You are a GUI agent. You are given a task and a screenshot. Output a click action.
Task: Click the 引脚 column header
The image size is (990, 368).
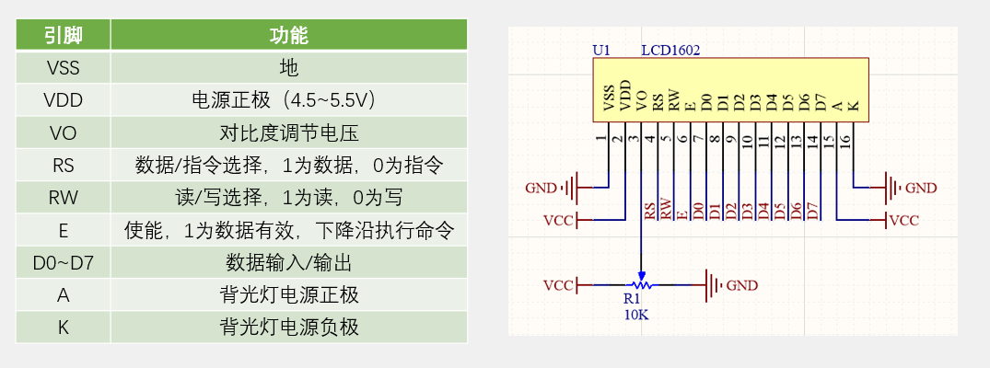pyautogui.click(x=63, y=36)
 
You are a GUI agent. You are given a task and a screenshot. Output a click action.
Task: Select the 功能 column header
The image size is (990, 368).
pyautogui.click(x=288, y=36)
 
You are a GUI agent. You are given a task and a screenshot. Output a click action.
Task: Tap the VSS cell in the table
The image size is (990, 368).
pyautogui.click(x=63, y=68)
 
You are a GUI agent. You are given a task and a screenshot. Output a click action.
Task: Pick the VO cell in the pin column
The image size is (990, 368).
pyautogui.click(x=63, y=133)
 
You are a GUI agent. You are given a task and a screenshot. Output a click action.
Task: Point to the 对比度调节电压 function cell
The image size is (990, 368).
pyautogui.click(x=288, y=133)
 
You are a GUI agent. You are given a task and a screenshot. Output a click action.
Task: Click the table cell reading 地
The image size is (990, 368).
pyautogui.click(x=288, y=68)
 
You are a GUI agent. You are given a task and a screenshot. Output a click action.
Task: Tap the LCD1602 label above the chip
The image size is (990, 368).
pyautogui.click(x=670, y=50)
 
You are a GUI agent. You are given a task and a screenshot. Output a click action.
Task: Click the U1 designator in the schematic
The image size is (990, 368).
pyautogui.click(x=601, y=50)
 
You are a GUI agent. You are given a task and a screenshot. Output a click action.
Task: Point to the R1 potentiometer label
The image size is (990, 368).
pyautogui.click(x=632, y=299)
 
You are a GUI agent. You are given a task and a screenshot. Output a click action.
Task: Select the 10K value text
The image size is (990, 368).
pyautogui.click(x=635, y=314)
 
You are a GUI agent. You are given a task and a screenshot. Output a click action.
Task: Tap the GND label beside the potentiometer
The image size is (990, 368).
pyautogui.click(x=742, y=285)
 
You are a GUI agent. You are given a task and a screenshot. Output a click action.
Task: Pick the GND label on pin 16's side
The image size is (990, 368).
pyautogui.click(x=920, y=188)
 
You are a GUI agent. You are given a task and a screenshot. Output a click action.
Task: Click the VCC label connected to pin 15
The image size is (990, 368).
pyautogui.click(x=903, y=221)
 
